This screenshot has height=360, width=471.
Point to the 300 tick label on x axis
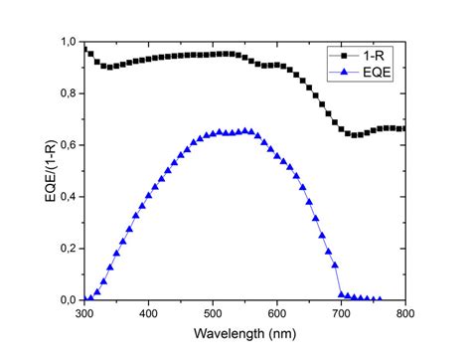[83, 314]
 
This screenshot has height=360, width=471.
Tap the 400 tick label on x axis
[148, 314]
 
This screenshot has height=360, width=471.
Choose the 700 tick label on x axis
[341, 314]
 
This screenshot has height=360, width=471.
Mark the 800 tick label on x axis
[404, 314]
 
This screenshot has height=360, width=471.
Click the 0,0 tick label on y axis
[67, 299]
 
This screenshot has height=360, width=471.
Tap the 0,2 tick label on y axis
[67, 248]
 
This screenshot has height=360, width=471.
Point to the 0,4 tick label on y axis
[67, 196]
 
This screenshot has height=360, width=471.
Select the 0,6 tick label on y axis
[67, 144]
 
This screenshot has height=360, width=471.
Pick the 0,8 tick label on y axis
[67, 92]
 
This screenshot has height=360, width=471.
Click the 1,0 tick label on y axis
[67, 42]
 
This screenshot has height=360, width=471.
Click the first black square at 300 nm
[84, 48]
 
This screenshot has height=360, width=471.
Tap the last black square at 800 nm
[404, 128]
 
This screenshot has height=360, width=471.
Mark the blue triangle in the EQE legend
[343, 72]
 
